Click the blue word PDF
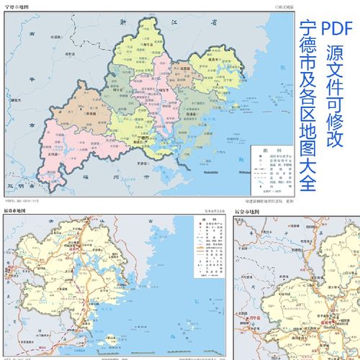pos(336,27)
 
